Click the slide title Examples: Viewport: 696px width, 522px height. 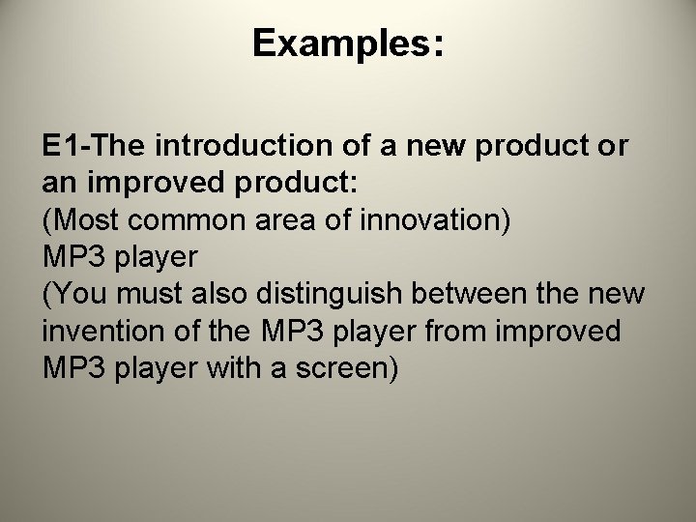pos(348,44)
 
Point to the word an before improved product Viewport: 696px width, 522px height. pos(58,184)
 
